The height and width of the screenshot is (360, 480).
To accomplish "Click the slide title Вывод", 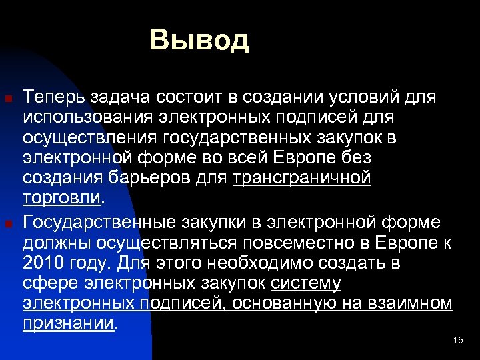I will pos(199,39).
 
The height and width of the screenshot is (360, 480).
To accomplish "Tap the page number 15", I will pos(457,341).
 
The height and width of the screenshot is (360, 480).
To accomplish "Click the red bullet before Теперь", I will pos(9,100).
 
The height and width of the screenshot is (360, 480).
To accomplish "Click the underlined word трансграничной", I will pos(302,179).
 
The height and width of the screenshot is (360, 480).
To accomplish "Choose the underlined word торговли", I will pos(61,199).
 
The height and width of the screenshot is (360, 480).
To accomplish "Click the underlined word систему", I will pos(307,283).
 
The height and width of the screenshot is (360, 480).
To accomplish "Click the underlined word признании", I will pos(69,323).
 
